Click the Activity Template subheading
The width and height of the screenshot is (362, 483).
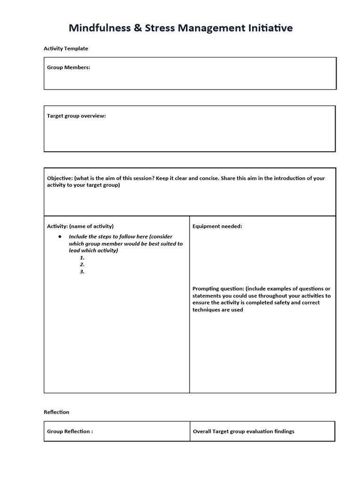point(66,49)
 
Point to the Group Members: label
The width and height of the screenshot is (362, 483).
point(68,67)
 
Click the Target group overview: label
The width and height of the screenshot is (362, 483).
point(76,116)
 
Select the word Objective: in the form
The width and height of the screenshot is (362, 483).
point(59,178)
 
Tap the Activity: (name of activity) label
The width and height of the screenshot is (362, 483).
point(80,226)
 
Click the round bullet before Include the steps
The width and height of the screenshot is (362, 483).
point(60,236)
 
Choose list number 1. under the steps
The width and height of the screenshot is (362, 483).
point(82,258)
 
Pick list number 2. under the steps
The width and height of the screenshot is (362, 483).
point(82,265)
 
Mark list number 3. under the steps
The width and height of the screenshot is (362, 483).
point(82,272)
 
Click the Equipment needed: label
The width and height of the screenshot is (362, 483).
point(217,226)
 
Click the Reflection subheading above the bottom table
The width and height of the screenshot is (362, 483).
point(57,412)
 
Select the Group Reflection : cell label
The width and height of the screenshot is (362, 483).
point(70,432)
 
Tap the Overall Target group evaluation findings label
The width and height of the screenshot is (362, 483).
point(243,432)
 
